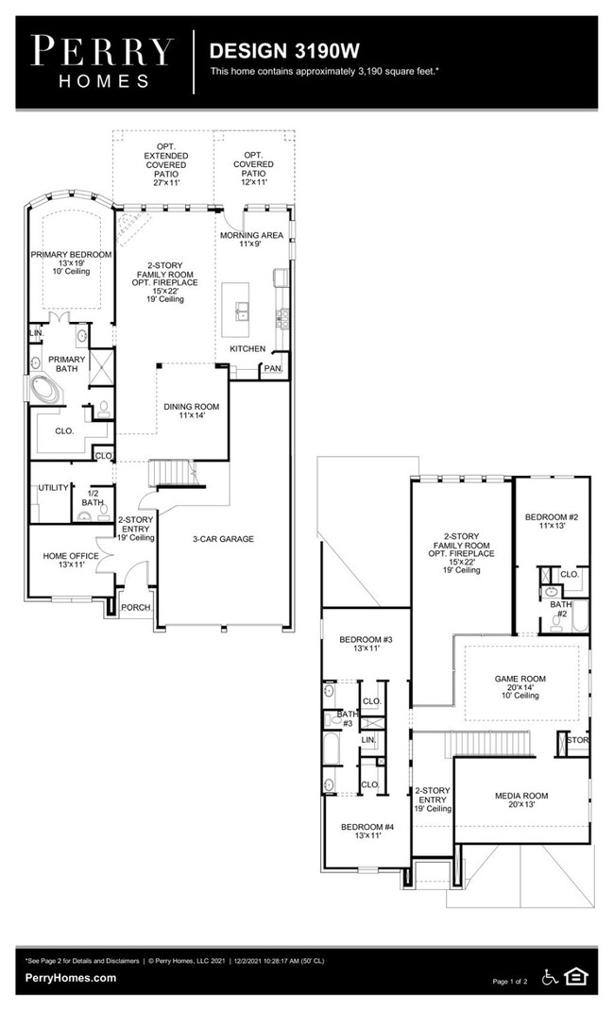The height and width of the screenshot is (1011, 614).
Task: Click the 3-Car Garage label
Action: (x=222, y=539)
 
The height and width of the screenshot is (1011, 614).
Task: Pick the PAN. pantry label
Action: (x=273, y=368)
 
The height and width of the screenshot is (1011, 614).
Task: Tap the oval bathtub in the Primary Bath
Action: (x=43, y=389)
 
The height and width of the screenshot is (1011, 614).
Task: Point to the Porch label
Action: (x=136, y=607)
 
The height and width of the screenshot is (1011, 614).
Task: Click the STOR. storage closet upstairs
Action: (x=576, y=741)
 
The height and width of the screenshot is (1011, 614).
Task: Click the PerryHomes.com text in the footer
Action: (x=71, y=978)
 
